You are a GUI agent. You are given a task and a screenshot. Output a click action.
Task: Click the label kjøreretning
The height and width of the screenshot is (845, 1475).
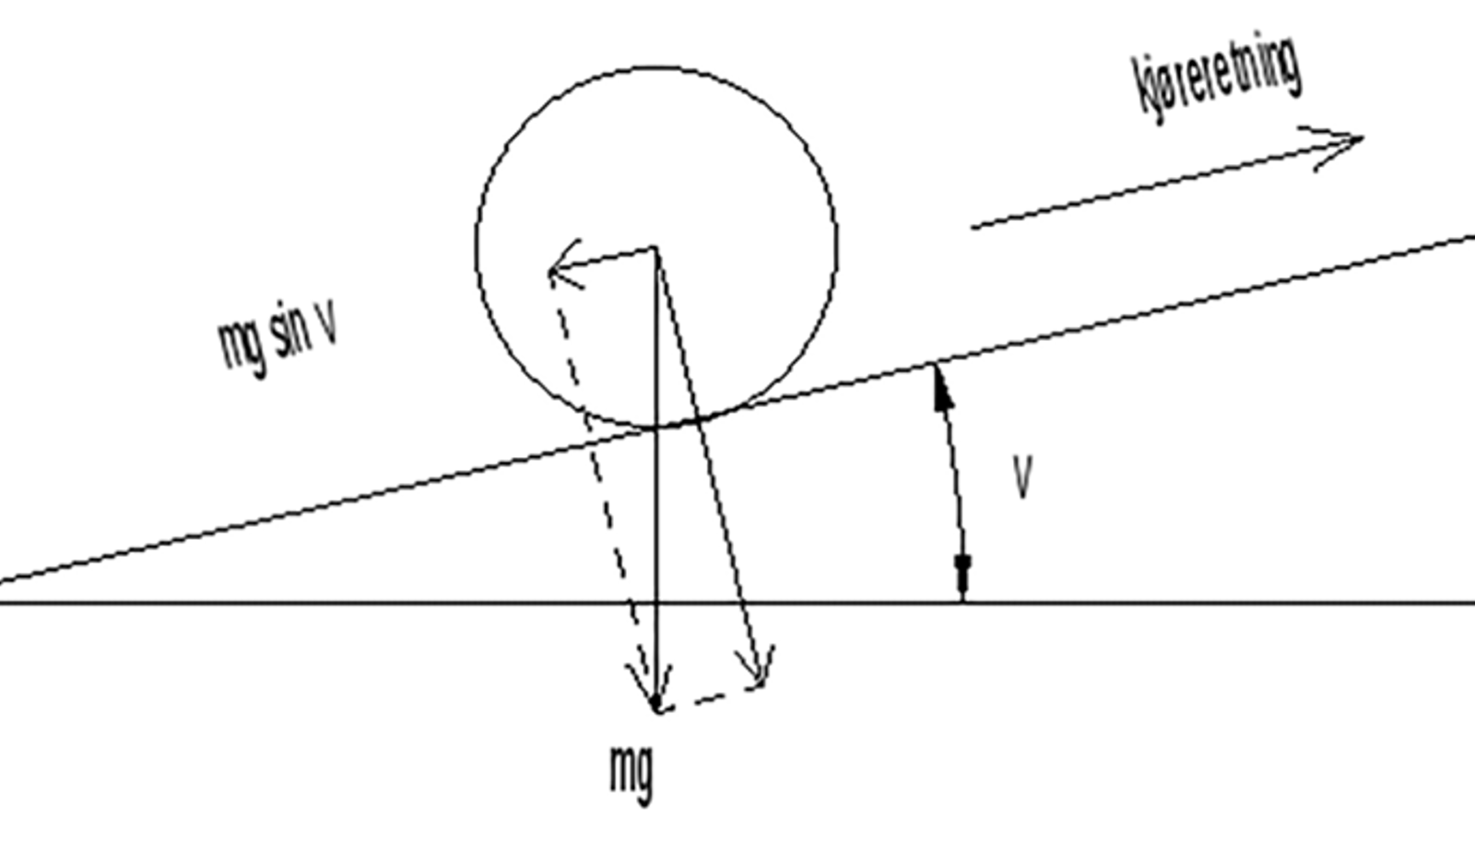tap(1217, 77)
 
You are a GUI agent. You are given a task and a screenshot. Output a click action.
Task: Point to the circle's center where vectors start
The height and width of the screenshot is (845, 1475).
tap(655, 248)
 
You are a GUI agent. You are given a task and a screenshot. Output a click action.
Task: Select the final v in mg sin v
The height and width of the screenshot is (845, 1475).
tap(327, 323)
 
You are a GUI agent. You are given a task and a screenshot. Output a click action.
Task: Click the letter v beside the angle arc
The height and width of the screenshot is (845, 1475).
tap(1022, 477)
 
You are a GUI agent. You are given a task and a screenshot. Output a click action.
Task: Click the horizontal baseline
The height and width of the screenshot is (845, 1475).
tap(737, 602)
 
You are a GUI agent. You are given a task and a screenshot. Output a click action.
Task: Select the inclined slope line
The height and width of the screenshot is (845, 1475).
tap(737, 409)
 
